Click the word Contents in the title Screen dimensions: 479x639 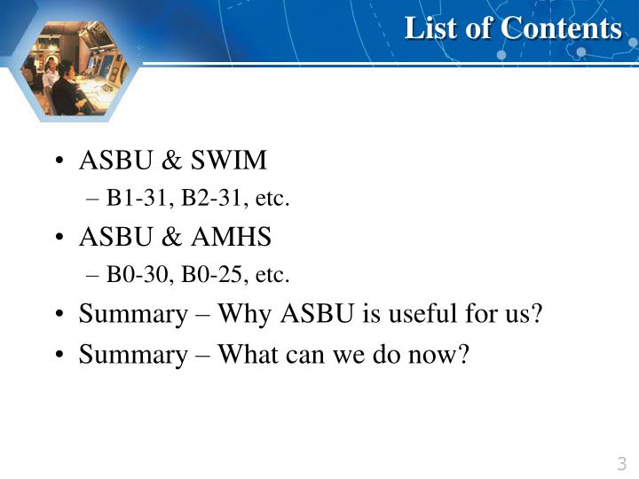[561, 28]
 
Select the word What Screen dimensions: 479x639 [248, 354]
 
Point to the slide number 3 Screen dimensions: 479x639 [621, 463]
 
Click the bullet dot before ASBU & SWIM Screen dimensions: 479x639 [58, 161]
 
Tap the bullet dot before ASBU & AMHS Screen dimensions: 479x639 [58, 238]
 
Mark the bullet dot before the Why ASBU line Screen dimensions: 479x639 [58, 315]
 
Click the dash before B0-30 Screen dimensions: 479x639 [95, 276]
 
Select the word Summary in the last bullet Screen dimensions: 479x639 [131, 354]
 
